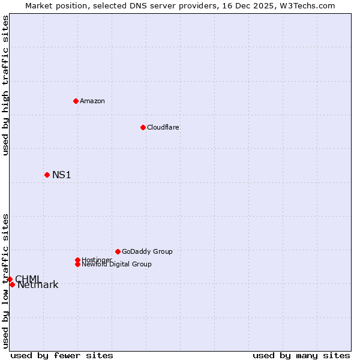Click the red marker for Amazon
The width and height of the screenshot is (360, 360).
click(x=76, y=101)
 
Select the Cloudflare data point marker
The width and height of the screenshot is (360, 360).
click(x=143, y=127)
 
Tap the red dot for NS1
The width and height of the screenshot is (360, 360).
click(x=47, y=175)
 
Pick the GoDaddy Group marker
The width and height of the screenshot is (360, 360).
click(x=118, y=251)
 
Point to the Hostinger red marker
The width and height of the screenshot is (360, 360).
click(x=77, y=260)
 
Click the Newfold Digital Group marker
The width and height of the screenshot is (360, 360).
click(x=77, y=264)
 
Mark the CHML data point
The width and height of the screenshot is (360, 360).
click(x=10, y=279)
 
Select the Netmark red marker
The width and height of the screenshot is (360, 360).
click(x=12, y=284)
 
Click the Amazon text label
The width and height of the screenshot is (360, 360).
click(x=92, y=101)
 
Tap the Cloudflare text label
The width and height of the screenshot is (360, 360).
click(x=163, y=127)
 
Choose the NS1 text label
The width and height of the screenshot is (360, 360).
click(x=62, y=175)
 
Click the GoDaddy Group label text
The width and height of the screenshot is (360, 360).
click(x=147, y=251)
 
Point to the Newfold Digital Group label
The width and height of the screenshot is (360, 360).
click(x=116, y=264)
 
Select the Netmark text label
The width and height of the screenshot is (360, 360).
click(x=38, y=285)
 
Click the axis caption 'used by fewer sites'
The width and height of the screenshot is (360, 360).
click(x=62, y=355)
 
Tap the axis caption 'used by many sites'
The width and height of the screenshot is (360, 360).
click(x=301, y=355)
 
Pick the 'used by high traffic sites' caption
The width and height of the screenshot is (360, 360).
click(x=6, y=85)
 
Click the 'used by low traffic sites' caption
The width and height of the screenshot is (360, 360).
click(x=6, y=281)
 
